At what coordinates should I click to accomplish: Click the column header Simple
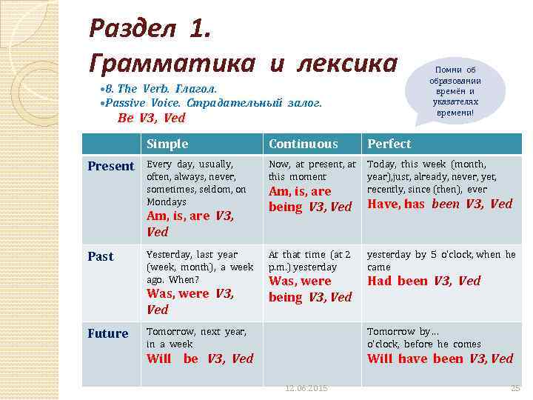coord(167,144)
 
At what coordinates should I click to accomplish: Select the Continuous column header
coord(303,144)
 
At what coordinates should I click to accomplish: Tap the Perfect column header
coord(389,144)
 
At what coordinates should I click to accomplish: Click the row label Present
coord(111,166)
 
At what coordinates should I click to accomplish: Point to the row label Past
coord(101,256)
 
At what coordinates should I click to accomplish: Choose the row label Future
coord(108,333)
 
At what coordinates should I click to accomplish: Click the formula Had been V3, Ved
coord(424,281)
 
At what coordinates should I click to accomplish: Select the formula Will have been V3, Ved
coord(440,359)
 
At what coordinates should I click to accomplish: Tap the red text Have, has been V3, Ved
coord(440,204)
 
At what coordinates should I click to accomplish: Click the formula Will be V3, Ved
coord(200,359)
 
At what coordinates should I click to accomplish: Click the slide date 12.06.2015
coord(306,388)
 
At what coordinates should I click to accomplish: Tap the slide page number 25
coord(515,388)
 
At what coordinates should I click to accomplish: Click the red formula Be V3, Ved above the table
coord(152,118)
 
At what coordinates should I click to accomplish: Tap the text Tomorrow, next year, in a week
coord(196,338)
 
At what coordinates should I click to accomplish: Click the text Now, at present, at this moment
coord(312,170)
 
